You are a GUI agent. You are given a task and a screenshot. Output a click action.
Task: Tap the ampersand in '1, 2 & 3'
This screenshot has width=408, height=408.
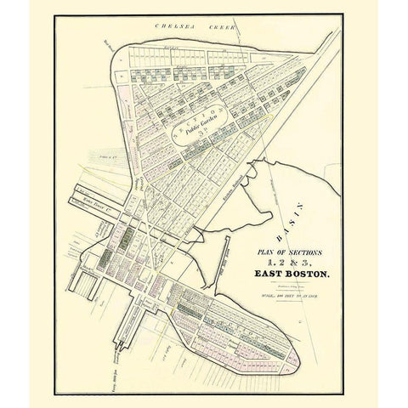(292, 262)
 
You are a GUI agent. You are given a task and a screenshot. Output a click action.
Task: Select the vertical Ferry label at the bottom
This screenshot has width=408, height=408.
(111, 374)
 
